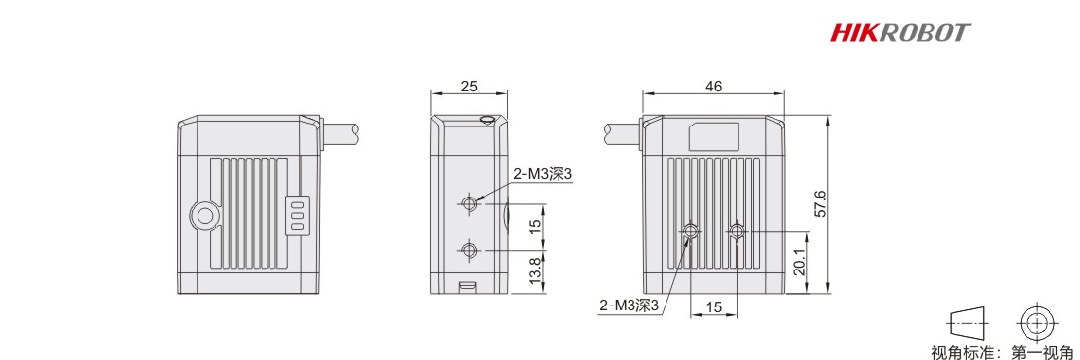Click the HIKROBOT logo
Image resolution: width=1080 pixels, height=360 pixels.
coord(900,32)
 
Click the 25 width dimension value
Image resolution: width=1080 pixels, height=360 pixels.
coord(469,87)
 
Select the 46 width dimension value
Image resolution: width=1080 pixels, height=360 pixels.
coord(713,87)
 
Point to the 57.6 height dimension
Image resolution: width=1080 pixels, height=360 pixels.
coord(819,203)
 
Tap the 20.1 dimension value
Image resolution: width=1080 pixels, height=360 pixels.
coord(798,263)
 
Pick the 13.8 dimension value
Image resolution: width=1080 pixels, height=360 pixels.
coord(534,271)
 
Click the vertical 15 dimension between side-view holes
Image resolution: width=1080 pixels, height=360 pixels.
coord(534,227)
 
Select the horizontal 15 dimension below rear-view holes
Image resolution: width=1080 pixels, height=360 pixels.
coord(713,307)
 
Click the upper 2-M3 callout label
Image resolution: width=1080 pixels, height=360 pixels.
coord(543,175)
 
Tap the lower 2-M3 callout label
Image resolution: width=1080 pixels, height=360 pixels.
coord(630,305)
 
